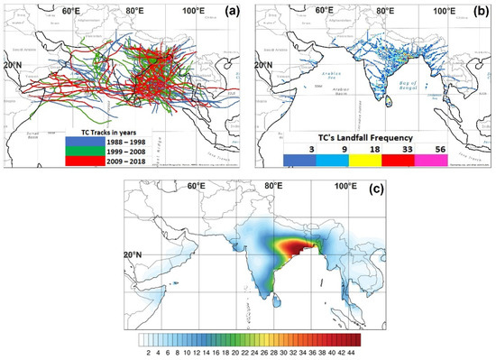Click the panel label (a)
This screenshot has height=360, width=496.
232,15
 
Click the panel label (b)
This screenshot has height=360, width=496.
479,15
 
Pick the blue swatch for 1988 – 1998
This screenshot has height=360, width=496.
86,142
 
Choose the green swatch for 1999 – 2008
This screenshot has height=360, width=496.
86,152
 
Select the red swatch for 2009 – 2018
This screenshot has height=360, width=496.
86,162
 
